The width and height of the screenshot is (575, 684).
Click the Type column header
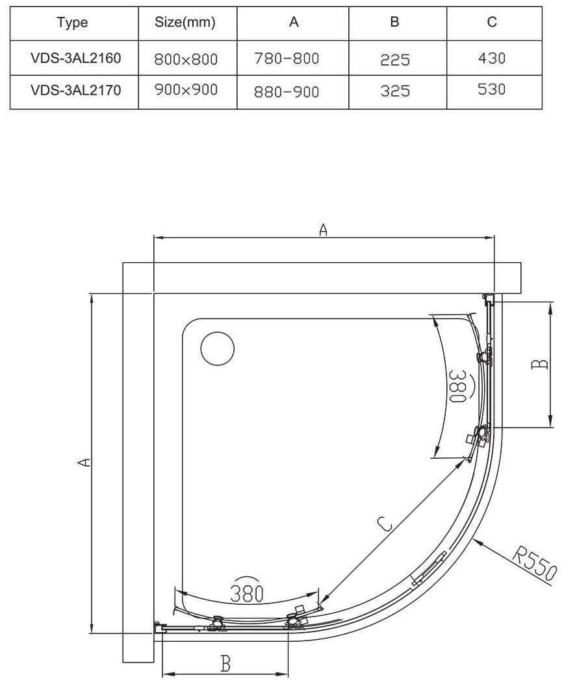(73, 23)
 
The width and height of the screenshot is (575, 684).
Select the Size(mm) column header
(185, 22)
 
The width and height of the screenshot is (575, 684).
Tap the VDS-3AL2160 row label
(75, 58)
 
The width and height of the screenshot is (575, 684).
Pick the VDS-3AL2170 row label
(75, 90)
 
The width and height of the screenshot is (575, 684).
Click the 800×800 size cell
(186, 59)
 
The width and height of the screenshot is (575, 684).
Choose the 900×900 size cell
(186, 90)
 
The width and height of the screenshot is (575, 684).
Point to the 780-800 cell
(287, 58)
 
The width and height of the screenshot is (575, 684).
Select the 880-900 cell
(287, 92)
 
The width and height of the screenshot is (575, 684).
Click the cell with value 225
(395, 60)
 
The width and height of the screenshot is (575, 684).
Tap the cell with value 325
(395, 91)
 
